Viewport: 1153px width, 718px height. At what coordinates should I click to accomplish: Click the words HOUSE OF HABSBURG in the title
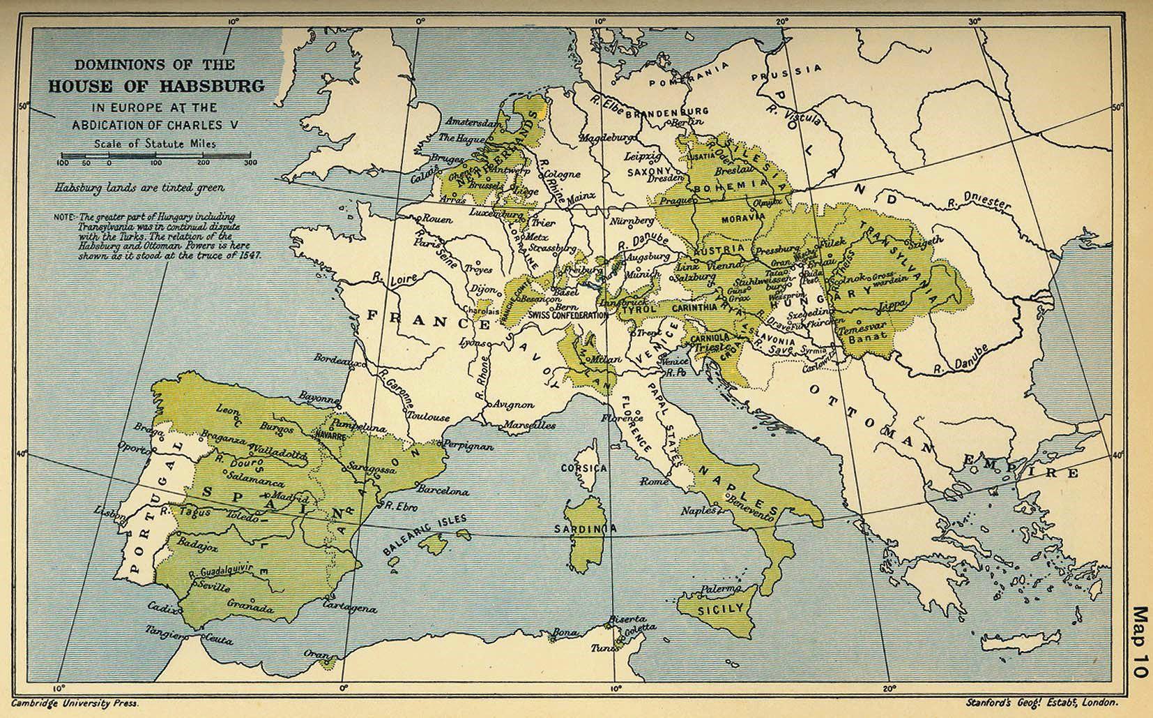tap(155, 86)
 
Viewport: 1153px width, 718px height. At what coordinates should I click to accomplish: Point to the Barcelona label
tap(443, 491)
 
